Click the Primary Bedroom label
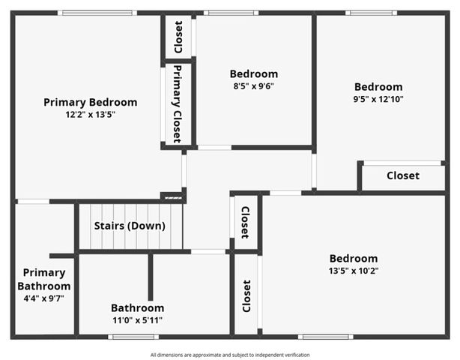click(x=90, y=102)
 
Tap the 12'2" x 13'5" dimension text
click(x=90, y=115)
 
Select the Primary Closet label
click(x=177, y=104)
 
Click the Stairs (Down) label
click(x=130, y=226)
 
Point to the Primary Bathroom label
click(x=44, y=279)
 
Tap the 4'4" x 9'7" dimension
click(x=44, y=298)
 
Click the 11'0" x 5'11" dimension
click(x=137, y=320)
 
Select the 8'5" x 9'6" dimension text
click(x=253, y=86)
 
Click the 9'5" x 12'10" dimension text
click(x=378, y=99)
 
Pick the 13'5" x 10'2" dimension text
click(x=352, y=271)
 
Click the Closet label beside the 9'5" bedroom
click(x=403, y=176)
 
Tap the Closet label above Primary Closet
click(x=178, y=37)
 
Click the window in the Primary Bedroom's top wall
click(x=97, y=13)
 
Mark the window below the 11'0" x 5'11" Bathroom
click(x=133, y=337)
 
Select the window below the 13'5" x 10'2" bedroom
click(x=325, y=337)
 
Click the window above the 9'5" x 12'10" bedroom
click(x=372, y=13)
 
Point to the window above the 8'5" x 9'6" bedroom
click(x=231, y=13)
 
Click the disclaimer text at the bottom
click(x=230, y=355)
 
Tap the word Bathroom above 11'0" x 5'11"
click(x=137, y=307)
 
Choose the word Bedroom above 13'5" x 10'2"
click(x=352, y=258)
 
